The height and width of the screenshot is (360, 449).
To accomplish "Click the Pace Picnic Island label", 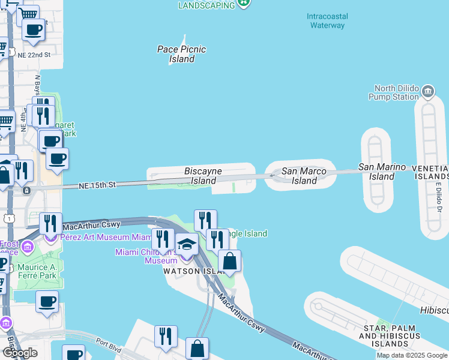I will pos(181,54).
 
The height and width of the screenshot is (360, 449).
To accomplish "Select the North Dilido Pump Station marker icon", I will pos(428,92).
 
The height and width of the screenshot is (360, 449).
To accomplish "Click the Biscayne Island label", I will pos(203,176).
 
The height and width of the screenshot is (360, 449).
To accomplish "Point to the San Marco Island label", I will pos(304,176).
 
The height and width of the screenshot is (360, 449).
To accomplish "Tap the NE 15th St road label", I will pos(97,186).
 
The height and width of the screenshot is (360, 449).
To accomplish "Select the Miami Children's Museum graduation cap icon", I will pos(187,245).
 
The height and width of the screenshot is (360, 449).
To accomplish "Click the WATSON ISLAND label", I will pos(187,271).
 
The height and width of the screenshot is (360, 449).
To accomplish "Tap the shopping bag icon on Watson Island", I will pos(229,262).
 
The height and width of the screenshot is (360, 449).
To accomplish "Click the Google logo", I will pos(20,353).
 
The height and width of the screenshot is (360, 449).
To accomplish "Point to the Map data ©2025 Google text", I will pos(412,355).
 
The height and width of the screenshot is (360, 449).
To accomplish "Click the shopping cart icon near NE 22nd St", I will pos(28,14).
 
